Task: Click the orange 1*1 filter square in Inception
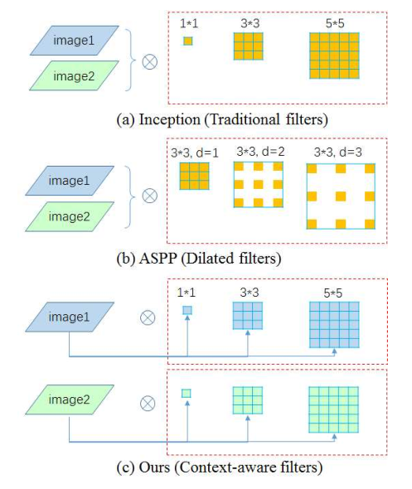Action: [188, 41]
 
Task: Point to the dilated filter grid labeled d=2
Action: [259, 184]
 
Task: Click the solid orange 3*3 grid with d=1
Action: [194, 176]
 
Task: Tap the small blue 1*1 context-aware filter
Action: [187, 311]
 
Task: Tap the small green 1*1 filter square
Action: [187, 393]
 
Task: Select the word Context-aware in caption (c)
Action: [218, 467]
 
